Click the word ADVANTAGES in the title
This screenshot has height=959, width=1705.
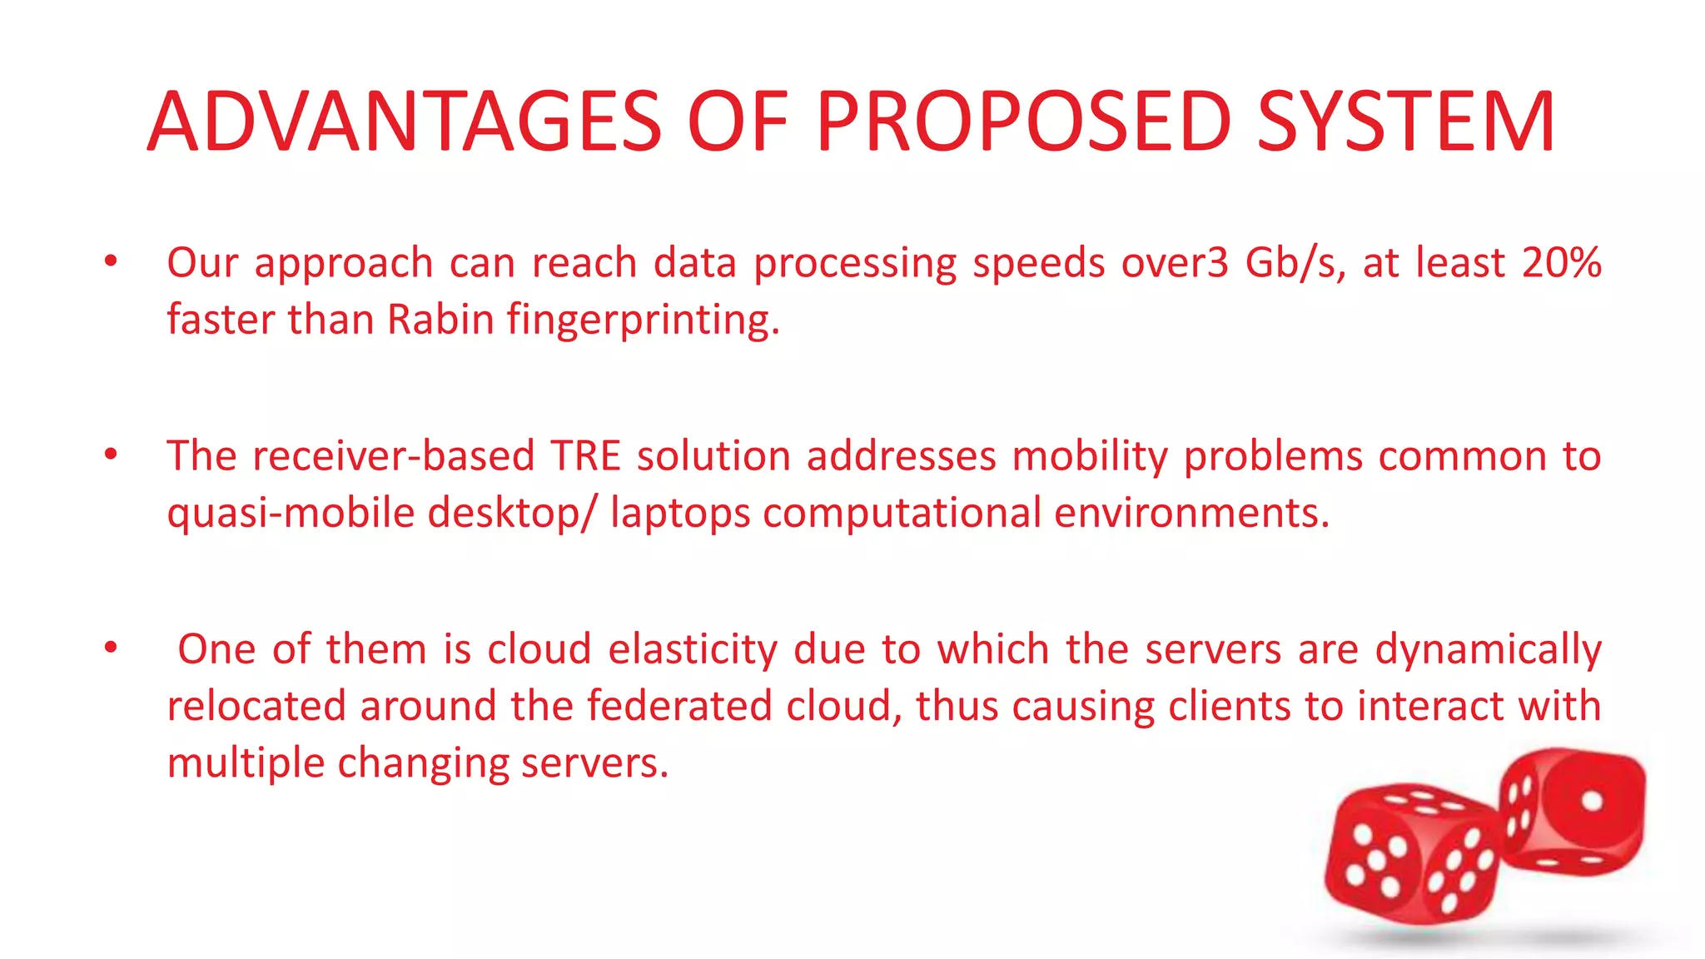point(405,122)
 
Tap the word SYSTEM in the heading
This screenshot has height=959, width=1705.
point(1405,122)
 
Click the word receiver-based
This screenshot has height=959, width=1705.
point(393,456)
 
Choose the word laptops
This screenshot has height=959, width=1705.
point(680,514)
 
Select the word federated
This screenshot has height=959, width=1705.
point(679,706)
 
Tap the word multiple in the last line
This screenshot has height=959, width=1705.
point(246,763)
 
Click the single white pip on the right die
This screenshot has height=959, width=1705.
point(1592,801)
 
